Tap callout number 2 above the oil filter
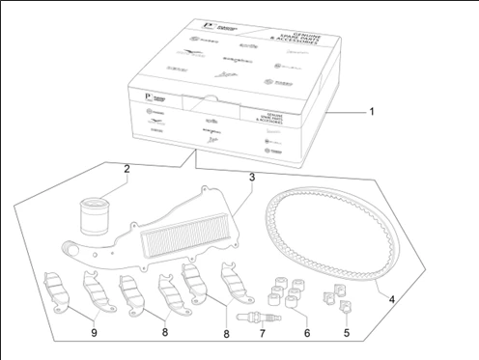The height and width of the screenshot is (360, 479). point(127,169)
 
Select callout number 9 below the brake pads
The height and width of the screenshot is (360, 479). point(95,333)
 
